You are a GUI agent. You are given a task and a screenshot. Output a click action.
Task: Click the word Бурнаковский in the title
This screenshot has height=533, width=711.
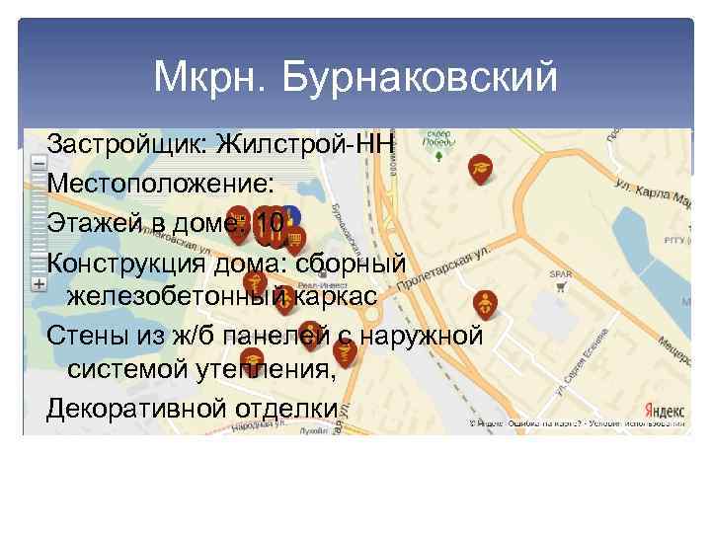419,77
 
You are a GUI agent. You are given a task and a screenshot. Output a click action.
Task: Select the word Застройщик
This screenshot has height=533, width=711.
123,144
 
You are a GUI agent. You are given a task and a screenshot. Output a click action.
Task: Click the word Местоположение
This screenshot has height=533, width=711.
153,184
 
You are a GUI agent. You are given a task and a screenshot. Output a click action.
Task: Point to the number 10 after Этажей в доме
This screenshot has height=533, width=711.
268,223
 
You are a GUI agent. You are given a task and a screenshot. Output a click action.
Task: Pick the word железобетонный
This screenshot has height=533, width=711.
177,296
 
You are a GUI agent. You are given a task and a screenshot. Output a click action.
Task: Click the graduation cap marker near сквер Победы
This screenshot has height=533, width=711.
480,169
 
